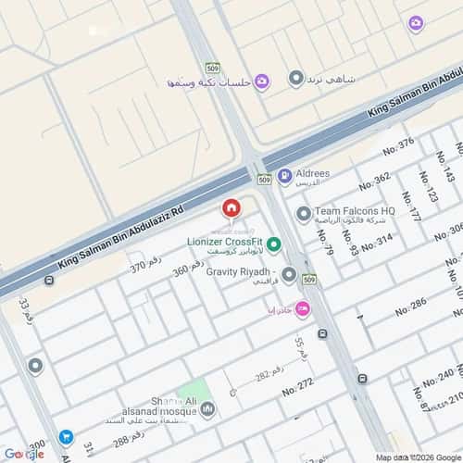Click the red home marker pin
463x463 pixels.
231,208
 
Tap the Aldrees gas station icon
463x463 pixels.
284,175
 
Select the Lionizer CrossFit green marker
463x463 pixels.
274,245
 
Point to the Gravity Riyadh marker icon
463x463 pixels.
289,274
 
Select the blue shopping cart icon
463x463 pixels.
66,436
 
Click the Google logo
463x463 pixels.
23,454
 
